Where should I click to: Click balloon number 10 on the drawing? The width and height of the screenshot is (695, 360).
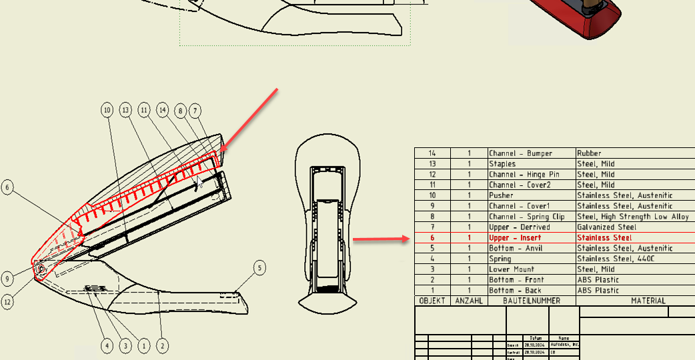[x=107, y=110]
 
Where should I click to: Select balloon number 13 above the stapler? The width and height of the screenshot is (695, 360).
[x=125, y=110]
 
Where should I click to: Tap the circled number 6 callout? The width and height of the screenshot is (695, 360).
[x=8, y=187]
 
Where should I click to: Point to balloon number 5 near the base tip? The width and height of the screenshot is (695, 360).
[x=259, y=269]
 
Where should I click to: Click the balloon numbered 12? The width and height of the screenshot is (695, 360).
[x=8, y=301]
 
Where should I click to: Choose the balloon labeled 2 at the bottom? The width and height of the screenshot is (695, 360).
[x=161, y=345]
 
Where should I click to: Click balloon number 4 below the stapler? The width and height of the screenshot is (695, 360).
[x=107, y=345]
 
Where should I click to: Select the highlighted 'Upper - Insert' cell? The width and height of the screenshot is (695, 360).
[x=515, y=238]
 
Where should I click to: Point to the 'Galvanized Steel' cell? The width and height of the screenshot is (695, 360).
[x=607, y=227]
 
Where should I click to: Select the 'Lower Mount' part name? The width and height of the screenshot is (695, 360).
[x=512, y=269]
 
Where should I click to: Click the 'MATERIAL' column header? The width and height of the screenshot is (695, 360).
[x=648, y=301]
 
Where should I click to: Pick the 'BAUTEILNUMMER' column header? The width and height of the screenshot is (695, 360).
[x=532, y=301]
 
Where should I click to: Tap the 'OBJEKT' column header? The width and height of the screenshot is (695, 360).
[x=432, y=301]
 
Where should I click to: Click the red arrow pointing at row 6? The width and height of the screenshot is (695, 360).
[x=379, y=239]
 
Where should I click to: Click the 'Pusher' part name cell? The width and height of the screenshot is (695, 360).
[x=502, y=195]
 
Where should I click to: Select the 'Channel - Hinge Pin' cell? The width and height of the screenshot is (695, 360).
[x=524, y=175]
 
